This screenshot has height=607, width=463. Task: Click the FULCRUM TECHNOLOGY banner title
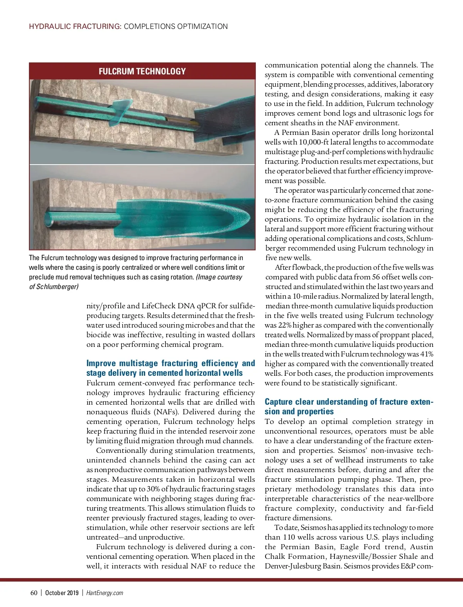coord(142,71)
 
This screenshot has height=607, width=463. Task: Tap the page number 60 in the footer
coord(34,593)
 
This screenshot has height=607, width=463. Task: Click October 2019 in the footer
coord(62,593)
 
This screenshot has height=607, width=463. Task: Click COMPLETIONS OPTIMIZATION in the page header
coord(176,27)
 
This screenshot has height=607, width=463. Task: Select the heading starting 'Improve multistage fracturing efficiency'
coord(171,368)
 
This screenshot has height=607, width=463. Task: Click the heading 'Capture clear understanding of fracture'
coord(349,407)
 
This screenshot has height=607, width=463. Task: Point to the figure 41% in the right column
coord(426,354)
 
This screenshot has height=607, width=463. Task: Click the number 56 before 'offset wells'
coord(377,277)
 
